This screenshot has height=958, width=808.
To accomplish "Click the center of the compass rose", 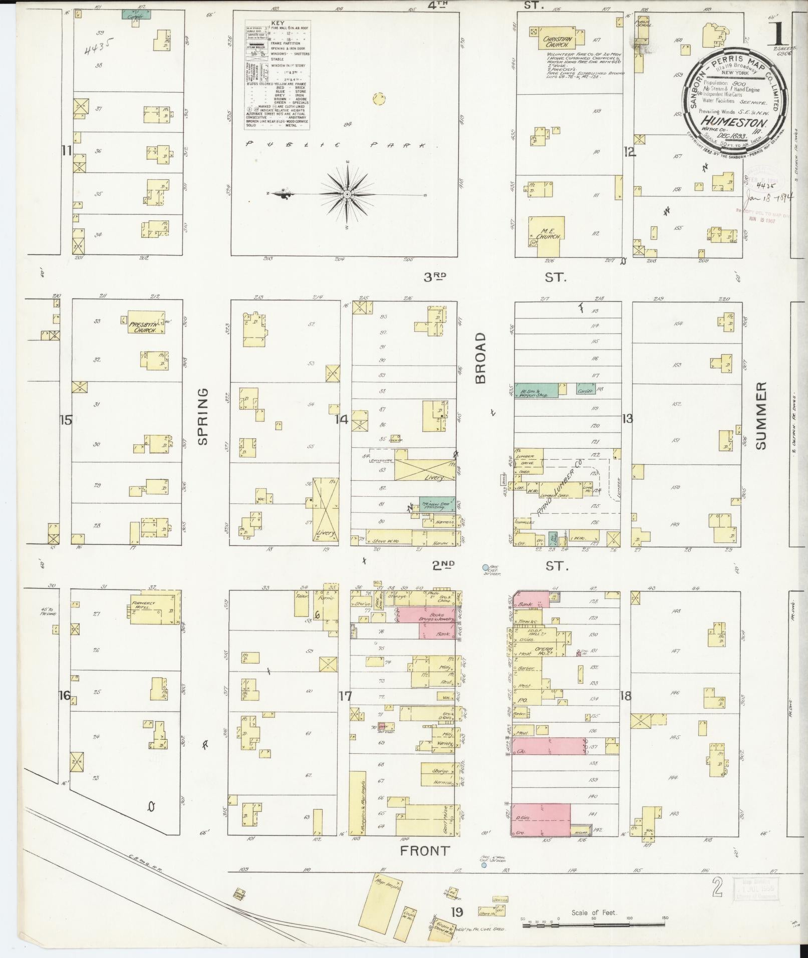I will [347, 194].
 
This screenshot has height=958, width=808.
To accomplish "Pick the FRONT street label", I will [424, 850].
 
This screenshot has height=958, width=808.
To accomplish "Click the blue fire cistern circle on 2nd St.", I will [484, 567].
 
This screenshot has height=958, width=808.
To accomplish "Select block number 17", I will [345, 696].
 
